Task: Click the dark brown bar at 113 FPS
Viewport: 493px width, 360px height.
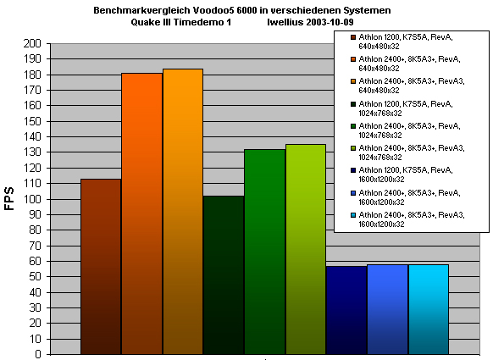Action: click(101, 267)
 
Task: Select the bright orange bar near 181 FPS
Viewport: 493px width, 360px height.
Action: click(142, 213)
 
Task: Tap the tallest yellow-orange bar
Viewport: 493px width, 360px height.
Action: click(183, 212)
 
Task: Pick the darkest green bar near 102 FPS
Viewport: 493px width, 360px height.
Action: click(224, 275)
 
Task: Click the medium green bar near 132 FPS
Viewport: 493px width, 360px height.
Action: click(265, 252)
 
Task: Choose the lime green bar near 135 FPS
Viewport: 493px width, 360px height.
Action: click(306, 249)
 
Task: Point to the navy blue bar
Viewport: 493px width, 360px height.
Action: click(346, 310)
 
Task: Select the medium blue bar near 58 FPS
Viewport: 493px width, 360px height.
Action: click(388, 309)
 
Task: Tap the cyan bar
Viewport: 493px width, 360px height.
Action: click(429, 309)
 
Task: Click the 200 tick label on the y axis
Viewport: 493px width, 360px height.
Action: click(32, 43)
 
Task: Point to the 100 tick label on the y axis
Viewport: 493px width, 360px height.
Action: click(32, 199)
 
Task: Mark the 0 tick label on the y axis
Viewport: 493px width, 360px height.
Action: click(38, 354)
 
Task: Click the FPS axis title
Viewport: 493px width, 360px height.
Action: click(9, 198)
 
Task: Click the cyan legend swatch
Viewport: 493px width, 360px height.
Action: click(353, 215)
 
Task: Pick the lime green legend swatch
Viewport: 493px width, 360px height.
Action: click(353, 148)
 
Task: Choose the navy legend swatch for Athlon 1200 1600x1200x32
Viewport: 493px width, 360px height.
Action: click(353, 170)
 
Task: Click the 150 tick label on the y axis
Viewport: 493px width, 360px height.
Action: click(32, 121)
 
